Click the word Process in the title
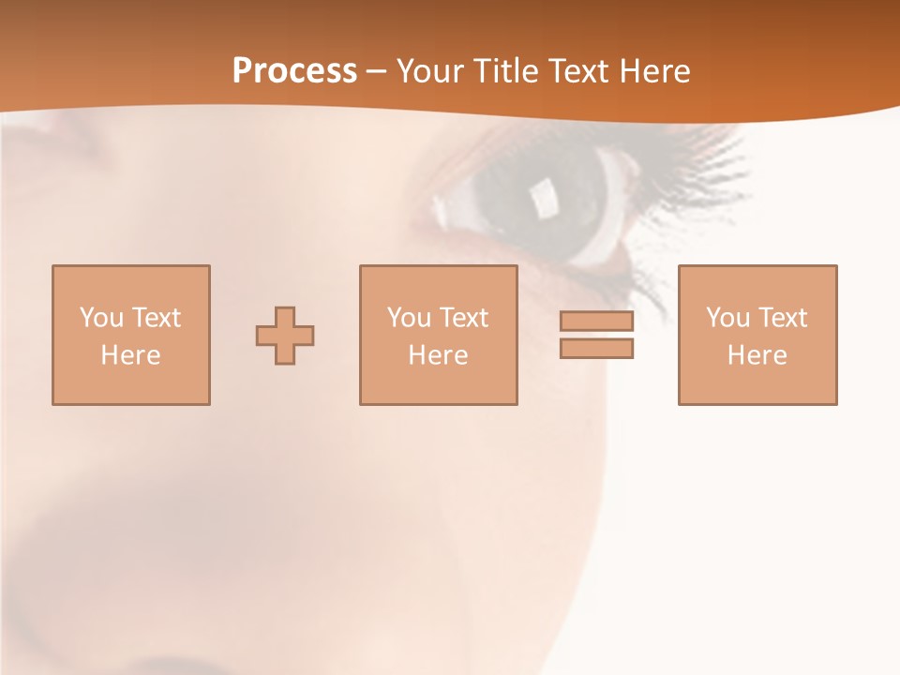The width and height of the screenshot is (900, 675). (x=294, y=71)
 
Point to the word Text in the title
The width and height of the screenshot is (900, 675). (x=577, y=71)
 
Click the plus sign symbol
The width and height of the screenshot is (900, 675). (x=285, y=336)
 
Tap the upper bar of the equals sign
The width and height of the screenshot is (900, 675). (x=596, y=322)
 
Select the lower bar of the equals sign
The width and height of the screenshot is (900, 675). (x=596, y=349)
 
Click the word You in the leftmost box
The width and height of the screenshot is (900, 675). (x=101, y=318)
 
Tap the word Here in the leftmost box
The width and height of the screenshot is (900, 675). (x=130, y=355)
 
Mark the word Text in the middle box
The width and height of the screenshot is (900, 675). (x=463, y=318)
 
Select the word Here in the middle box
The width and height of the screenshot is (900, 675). (x=438, y=355)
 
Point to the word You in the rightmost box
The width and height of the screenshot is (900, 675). (x=727, y=318)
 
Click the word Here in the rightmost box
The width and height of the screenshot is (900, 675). (x=757, y=355)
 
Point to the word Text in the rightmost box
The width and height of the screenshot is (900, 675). (x=782, y=318)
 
